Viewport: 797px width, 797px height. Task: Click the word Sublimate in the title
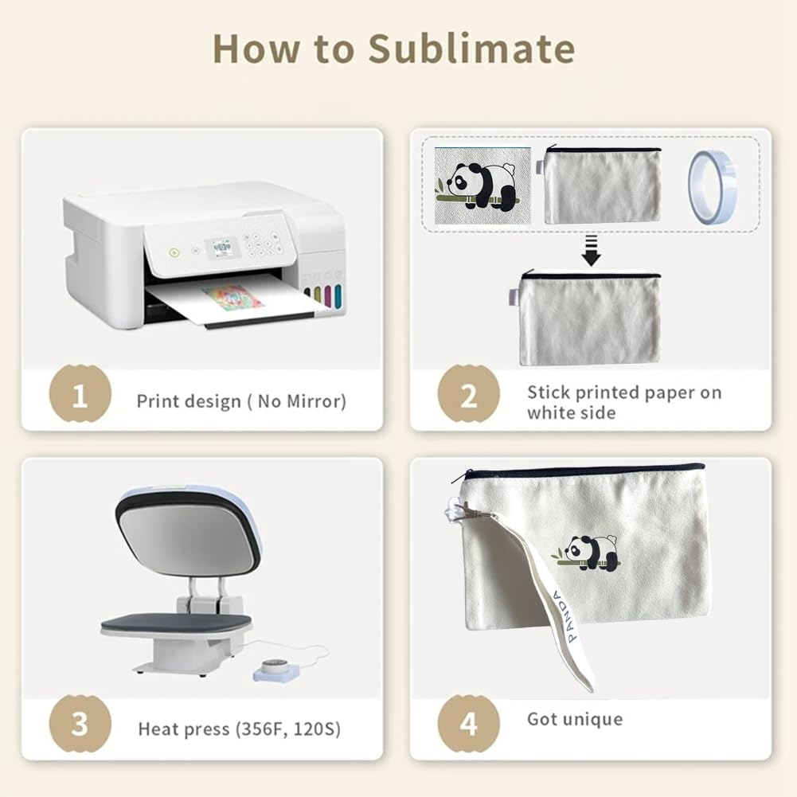click(471, 49)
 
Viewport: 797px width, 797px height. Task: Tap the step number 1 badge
click(80, 394)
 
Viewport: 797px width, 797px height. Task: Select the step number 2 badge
click(469, 394)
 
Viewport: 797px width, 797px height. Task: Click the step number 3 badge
click(80, 724)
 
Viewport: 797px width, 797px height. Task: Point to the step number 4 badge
click(469, 724)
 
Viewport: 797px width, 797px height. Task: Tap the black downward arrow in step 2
click(591, 251)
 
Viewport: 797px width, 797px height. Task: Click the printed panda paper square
click(482, 186)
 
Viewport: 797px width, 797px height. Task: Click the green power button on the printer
click(174, 252)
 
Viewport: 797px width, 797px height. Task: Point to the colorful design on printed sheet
click(233, 299)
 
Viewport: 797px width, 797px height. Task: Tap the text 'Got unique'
click(575, 719)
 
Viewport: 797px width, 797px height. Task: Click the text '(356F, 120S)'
click(287, 729)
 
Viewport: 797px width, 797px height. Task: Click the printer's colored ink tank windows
click(323, 297)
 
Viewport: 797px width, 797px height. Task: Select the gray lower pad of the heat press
click(177, 623)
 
